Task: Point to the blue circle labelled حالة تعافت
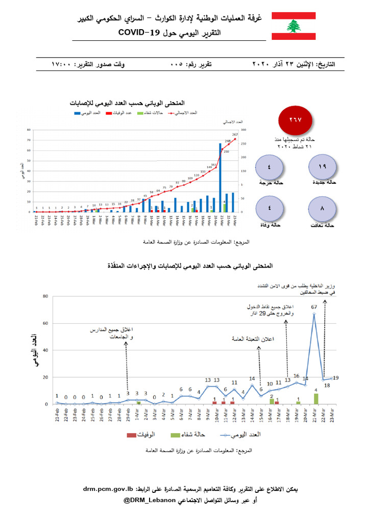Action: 323,209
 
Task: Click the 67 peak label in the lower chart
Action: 314,306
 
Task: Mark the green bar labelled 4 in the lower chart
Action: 316,399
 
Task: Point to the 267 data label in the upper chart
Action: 236,135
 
